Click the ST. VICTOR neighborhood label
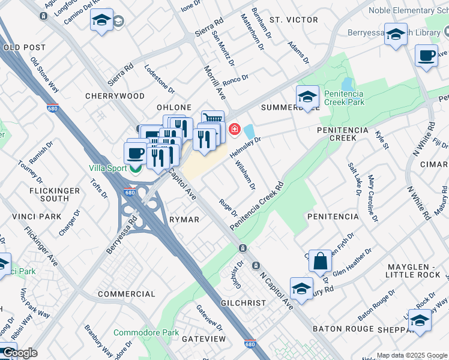294,20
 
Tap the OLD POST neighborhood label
24,47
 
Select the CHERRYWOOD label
115,96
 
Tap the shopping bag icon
320,260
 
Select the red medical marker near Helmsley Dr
234,129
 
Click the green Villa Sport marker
137,169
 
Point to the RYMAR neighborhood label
184,220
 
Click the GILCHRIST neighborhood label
243,303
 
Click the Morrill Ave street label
213,83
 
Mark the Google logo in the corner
19,353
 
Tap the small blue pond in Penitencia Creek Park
346,83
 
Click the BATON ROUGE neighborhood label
342,329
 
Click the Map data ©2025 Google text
411,355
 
